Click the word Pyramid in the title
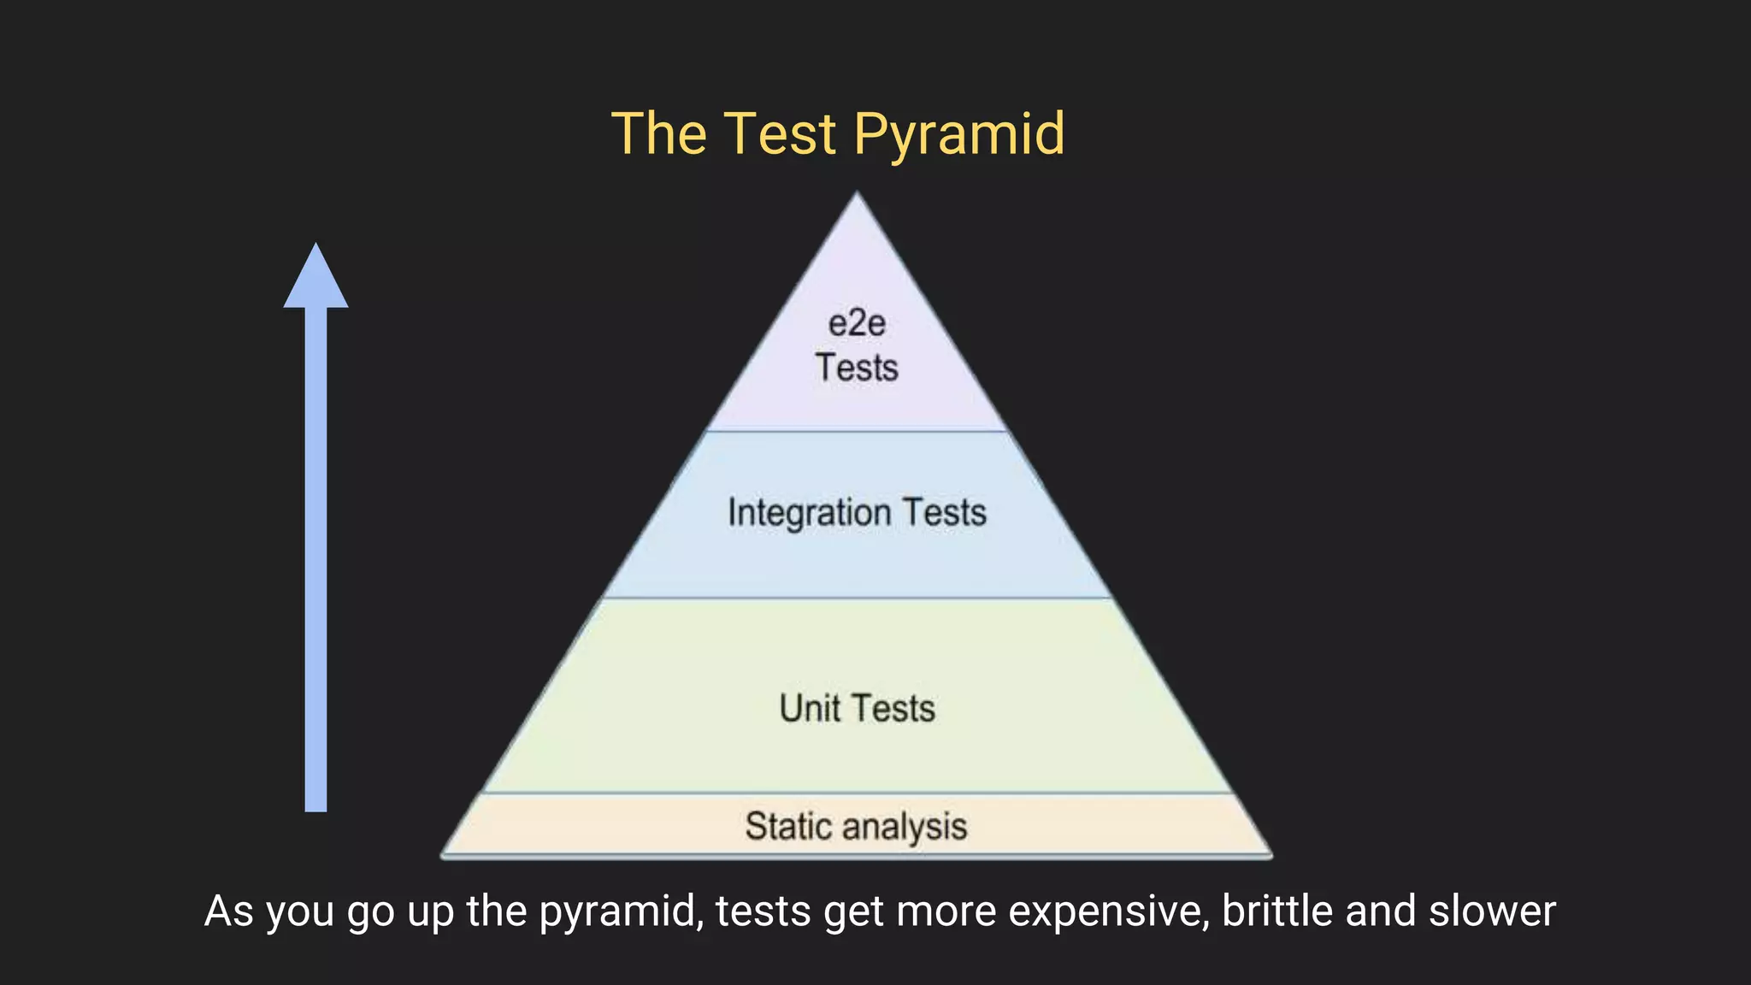pyautogui.click(x=958, y=135)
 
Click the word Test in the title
pyautogui.click(x=780, y=135)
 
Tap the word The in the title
pyautogui.click(x=659, y=135)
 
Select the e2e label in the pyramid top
pyautogui.click(x=857, y=324)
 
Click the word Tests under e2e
pyautogui.click(x=857, y=369)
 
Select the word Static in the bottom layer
pyautogui.click(x=787, y=827)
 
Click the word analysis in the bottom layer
pyautogui.click(x=905, y=827)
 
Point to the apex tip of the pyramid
pyautogui.click(x=858, y=196)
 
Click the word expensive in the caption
pyautogui.click(x=1109, y=911)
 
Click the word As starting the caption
pyautogui.click(x=228, y=911)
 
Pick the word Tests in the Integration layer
pyautogui.click(x=945, y=513)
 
